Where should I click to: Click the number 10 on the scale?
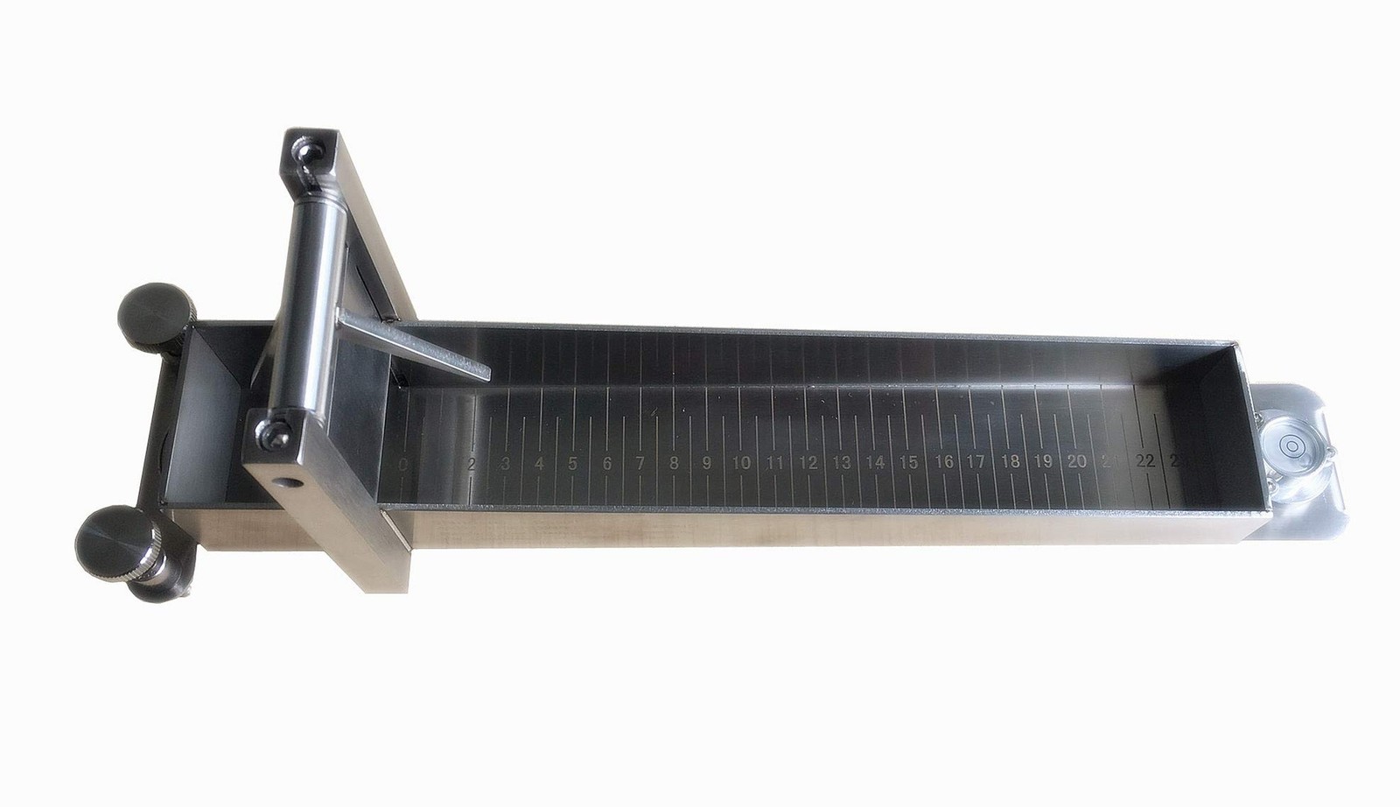point(741,462)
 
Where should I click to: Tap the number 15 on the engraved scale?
point(909,462)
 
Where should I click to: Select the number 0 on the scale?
point(403,464)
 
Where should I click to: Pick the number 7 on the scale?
point(640,463)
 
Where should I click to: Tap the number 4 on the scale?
point(539,464)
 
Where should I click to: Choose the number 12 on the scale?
point(808,462)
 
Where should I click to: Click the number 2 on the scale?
point(472,464)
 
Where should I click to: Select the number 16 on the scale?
point(943,462)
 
